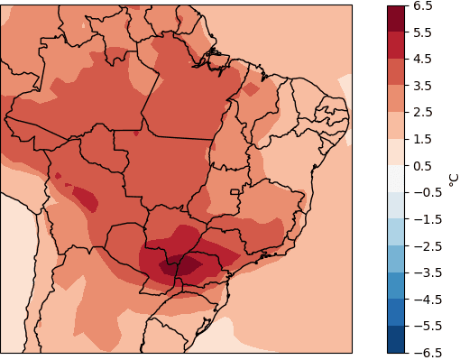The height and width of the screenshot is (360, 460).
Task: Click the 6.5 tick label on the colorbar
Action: point(422,6)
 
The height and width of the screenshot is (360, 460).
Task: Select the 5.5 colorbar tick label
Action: point(422,32)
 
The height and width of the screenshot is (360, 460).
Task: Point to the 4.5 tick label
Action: point(422,60)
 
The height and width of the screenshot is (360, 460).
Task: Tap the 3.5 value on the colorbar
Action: point(422,86)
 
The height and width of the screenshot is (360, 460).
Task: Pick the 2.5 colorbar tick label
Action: point(422,113)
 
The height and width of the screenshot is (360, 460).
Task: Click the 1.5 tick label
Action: point(422,139)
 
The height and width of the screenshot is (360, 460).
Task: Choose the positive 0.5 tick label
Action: point(422,166)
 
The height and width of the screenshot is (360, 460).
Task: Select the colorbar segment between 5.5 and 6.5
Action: point(396,19)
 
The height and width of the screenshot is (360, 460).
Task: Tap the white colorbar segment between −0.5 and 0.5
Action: point(396,179)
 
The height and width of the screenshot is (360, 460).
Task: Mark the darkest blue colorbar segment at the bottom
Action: point(396,339)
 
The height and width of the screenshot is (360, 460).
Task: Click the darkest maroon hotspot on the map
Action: point(183,265)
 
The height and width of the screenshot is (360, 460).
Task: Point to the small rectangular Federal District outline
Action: point(235,191)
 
